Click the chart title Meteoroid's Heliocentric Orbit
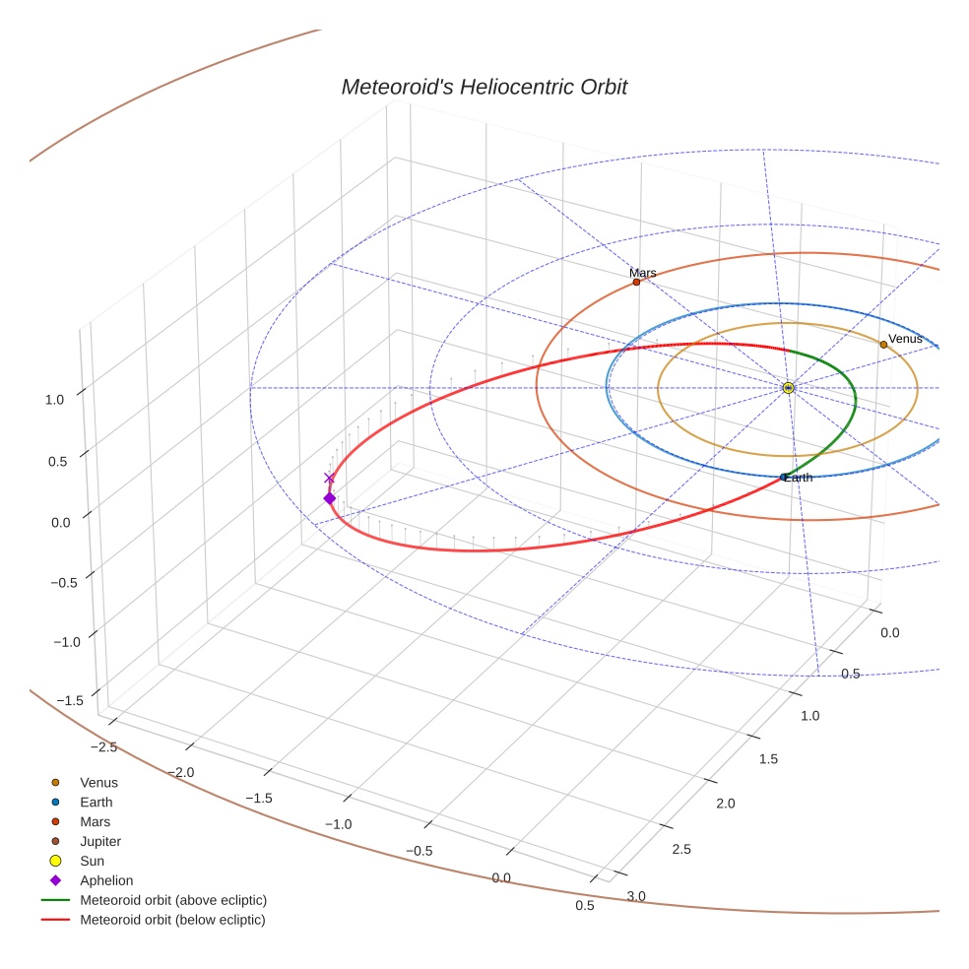click(x=484, y=87)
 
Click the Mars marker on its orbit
click(x=636, y=283)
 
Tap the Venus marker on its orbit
click(x=883, y=345)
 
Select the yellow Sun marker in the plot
click(x=788, y=388)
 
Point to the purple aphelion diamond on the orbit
click(x=329, y=498)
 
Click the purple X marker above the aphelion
click(x=329, y=479)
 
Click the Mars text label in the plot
click(x=643, y=273)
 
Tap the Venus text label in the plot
click(x=905, y=339)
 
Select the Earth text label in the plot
click(x=799, y=478)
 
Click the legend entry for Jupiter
click(x=100, y=841)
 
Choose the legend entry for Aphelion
click(x=106, y=880)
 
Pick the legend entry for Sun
click(x=95, y=861)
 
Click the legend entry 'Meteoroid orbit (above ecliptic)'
click(x=173, y=900)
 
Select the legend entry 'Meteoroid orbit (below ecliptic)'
click(x=173, y=920)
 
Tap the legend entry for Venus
click(x=98, y=782)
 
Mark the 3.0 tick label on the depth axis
click(x=637, y=895)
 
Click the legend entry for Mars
click(x=95, y=821)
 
